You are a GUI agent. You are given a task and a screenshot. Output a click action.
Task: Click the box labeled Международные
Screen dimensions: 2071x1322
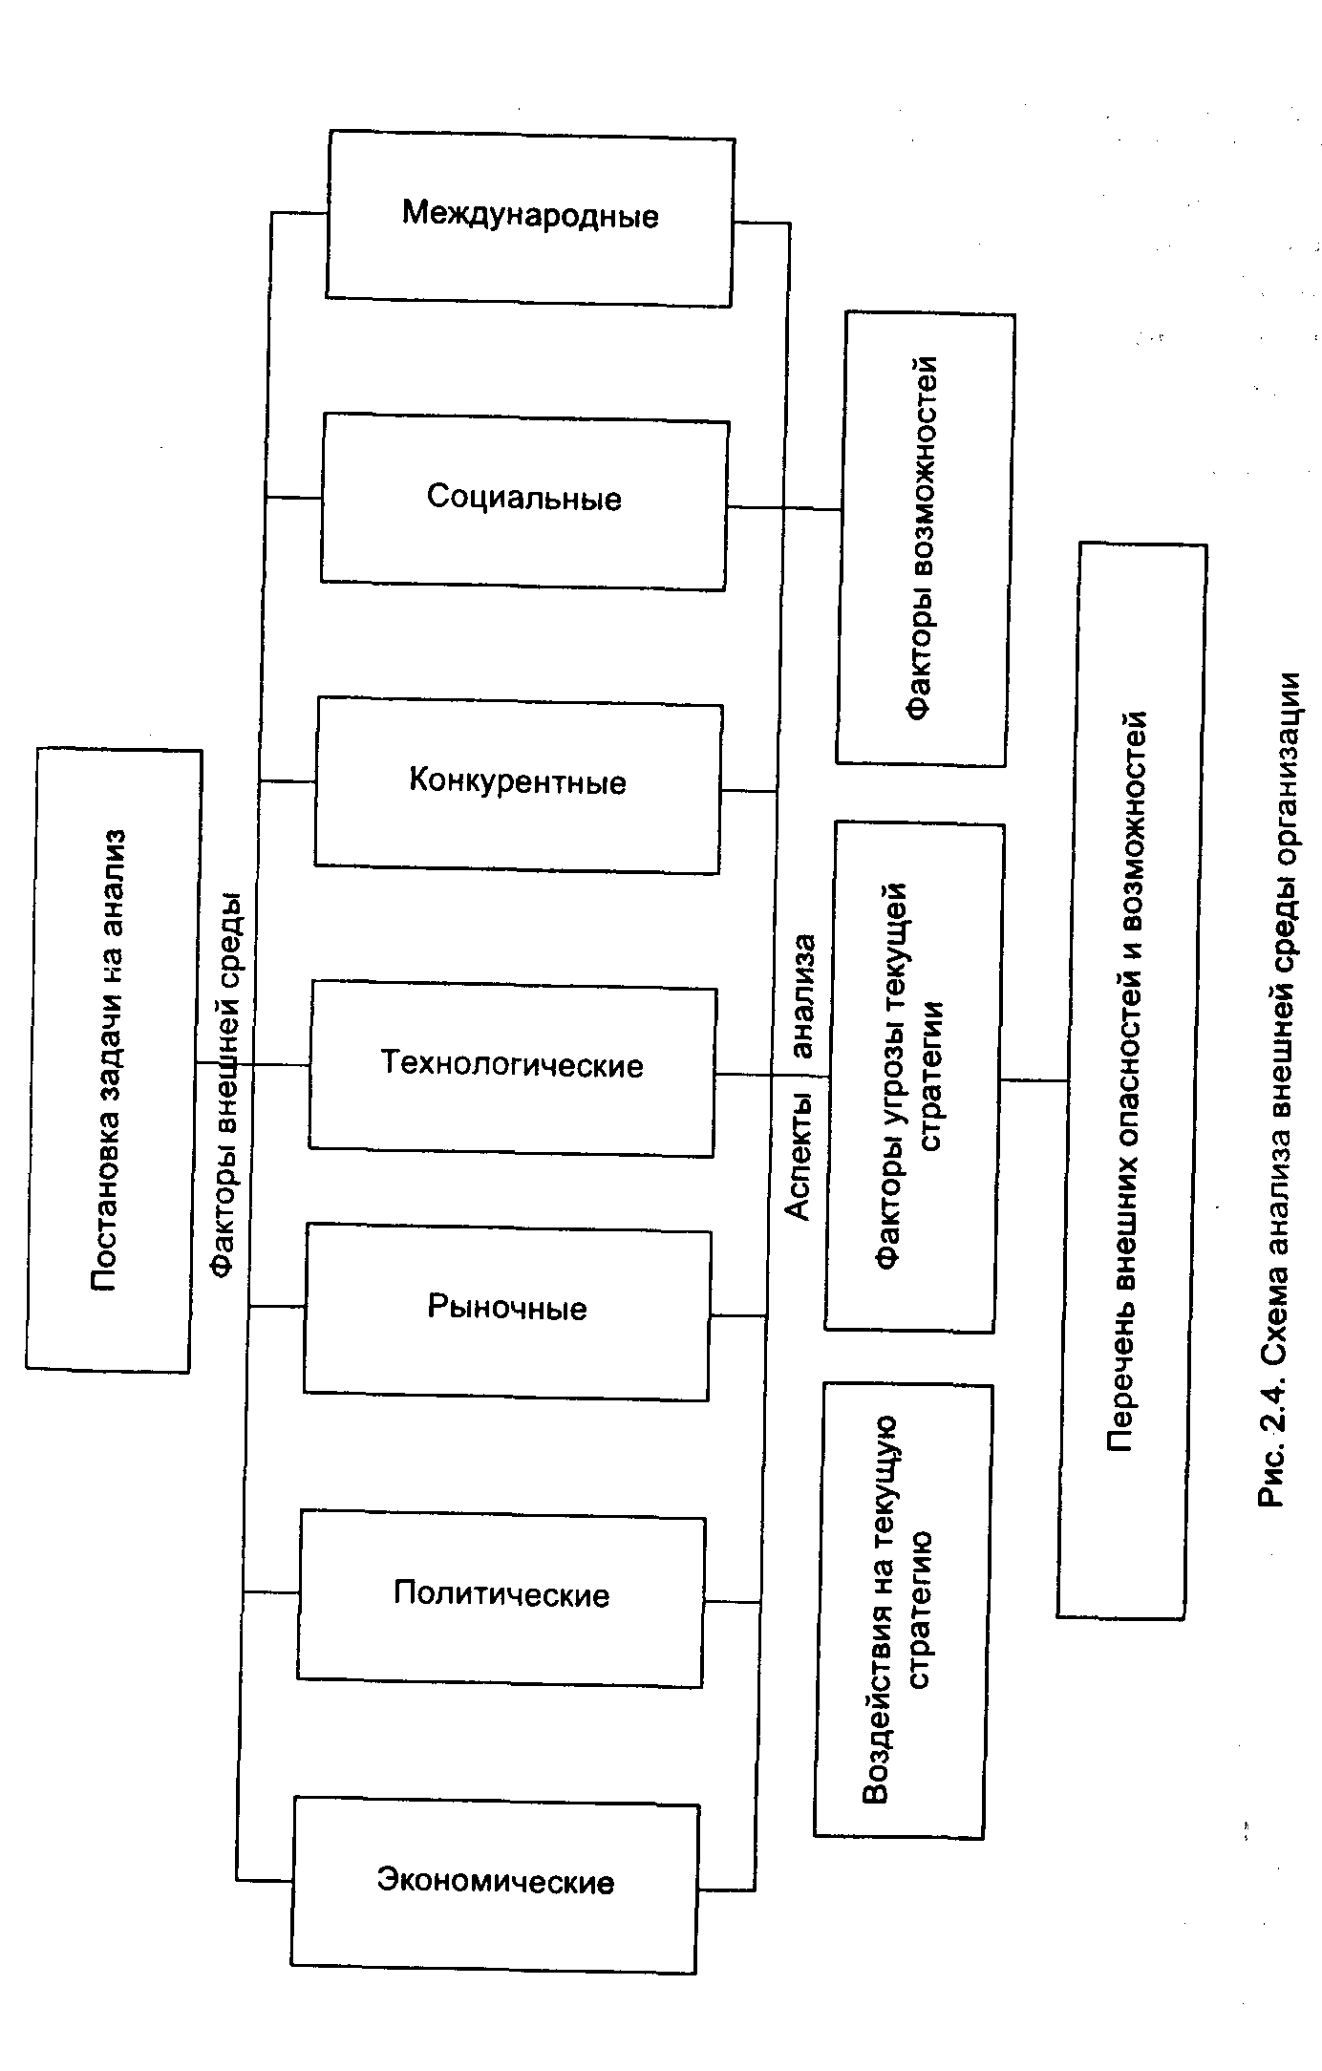530,218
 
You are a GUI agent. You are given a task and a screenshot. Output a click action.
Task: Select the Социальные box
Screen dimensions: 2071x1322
524,501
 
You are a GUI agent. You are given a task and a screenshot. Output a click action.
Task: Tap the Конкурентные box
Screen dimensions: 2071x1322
518,784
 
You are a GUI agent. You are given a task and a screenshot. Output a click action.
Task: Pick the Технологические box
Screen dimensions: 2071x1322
512,1067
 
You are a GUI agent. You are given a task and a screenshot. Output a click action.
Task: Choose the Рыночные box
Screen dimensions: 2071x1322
507,1311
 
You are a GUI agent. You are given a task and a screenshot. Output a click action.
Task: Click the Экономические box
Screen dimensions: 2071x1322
495,1884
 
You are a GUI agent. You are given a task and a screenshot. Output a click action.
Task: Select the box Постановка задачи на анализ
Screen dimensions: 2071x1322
113,1060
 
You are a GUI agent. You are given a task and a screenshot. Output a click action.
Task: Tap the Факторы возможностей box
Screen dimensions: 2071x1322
924,539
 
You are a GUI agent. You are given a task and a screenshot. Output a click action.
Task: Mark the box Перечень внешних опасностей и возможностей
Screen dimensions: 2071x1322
1133,1079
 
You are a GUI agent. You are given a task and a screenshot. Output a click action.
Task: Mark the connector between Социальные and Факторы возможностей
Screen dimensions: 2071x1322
783,508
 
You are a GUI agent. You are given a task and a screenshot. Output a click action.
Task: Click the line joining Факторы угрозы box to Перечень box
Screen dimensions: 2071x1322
1034,1080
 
